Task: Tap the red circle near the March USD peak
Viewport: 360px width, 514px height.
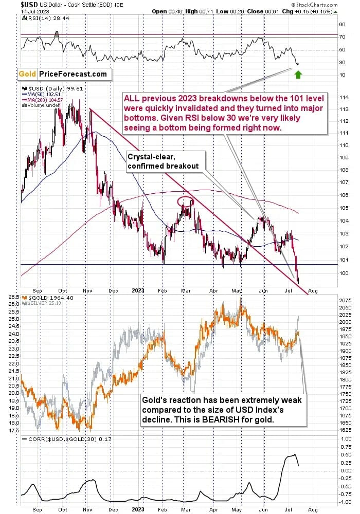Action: (x=186, y=201)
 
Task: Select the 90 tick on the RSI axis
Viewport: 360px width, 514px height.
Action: (x=341, y=24)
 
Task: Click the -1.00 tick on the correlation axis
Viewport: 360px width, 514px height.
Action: (x=344, y=502)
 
